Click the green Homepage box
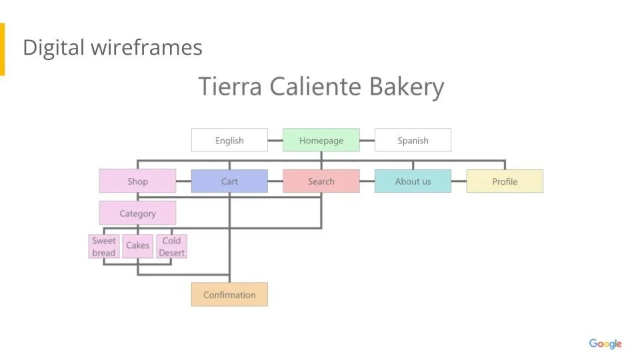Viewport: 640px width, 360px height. [x=321, y=140]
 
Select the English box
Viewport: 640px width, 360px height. [x=229, y=140]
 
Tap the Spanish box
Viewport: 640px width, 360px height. [x=413, y=140]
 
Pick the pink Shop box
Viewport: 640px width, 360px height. [x=137, y=181]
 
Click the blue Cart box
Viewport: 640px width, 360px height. [x=229, y=181]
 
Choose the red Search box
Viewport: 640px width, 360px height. [x=321, y=181]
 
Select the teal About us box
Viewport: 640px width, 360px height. [x=413, y=181]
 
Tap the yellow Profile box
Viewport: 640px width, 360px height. [x=505, y=181]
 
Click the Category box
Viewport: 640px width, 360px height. [x=137, y=213]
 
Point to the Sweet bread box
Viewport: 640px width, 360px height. [x=104, y=246]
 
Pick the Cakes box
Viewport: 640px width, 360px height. [x=138, y=246]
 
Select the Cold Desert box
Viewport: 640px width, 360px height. [x=171, y=246]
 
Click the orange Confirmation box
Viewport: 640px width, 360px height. [x=229, y=295]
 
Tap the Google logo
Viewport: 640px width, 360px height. [x=605, y=344]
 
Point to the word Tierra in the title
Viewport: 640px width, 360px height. [x=230, y=87]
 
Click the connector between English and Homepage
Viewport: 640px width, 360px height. [x=275, y=141]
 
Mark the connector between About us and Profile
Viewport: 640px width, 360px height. [x=459, y=181]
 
